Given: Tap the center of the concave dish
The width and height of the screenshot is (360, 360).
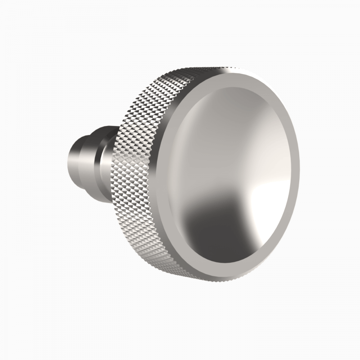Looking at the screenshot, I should pyautogui.click(x=234, y=180).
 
